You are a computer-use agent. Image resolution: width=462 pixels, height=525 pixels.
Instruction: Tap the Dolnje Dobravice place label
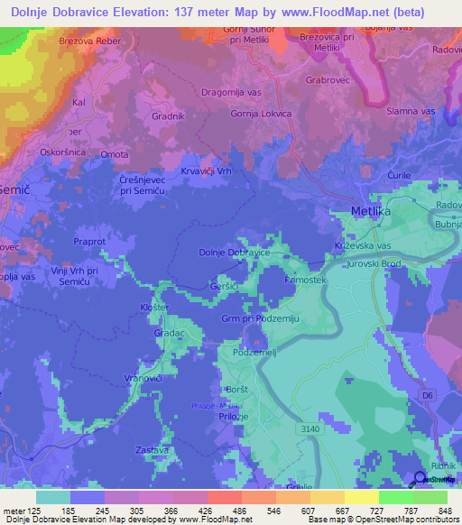pos(234,253)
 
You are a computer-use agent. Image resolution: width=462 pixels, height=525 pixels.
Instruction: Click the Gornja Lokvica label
pos(262,114)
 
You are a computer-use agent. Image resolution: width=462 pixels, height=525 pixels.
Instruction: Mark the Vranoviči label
pos(143,379)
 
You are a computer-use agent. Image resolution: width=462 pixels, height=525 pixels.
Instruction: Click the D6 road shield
pos(428,395)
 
